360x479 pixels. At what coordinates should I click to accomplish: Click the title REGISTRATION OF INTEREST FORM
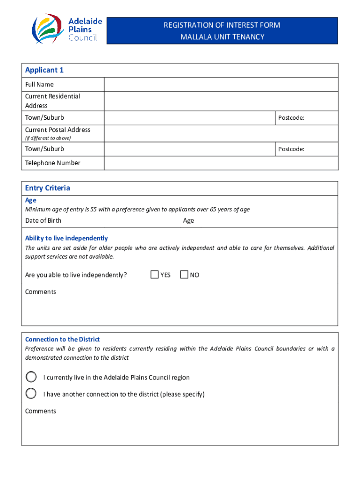222,25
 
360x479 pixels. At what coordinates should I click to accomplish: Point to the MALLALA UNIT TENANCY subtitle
222,37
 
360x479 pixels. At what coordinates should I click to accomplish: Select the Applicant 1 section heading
44,70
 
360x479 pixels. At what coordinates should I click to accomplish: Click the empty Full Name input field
220,85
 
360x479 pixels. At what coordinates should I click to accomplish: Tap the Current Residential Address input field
220,101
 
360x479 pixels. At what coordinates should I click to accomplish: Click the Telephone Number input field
220,163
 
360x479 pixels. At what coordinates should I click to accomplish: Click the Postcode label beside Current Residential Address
291,118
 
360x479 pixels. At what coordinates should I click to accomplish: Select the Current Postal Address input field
220,133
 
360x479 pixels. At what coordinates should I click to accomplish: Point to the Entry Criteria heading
48,188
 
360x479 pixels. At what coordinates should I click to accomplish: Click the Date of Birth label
43,221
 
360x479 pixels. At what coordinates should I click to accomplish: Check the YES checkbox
155,275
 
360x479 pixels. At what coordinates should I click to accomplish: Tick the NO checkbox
184,275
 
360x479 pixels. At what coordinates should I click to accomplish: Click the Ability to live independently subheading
66,238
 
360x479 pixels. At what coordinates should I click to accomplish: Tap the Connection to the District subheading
62,339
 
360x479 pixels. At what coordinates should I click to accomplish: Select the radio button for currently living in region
31,377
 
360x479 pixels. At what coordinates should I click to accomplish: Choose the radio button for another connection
31,393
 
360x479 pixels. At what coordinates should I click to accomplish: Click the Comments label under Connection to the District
40,411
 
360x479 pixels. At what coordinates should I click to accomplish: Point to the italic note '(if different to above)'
48,138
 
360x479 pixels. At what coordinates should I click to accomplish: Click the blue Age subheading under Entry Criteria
30,200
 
